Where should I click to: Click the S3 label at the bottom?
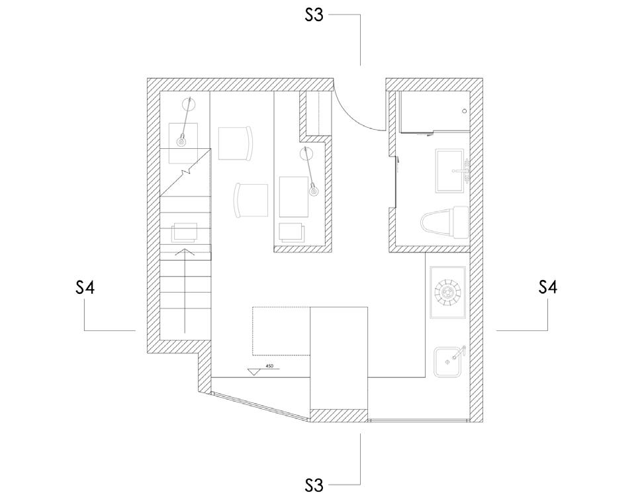pos(314,485)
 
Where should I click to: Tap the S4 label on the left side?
pos(85,288)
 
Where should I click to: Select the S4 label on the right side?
pos(547,288)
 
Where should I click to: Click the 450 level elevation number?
pos(269,365)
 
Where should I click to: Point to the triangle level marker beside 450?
pos(253,372)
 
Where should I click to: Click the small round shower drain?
pos(465,111)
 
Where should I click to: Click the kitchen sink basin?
pos(448,362)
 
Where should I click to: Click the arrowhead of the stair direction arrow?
pos(184,252)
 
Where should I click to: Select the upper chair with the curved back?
pos(235,143)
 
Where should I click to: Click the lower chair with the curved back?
pos(251,200)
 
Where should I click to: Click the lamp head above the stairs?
pos(181,141)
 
